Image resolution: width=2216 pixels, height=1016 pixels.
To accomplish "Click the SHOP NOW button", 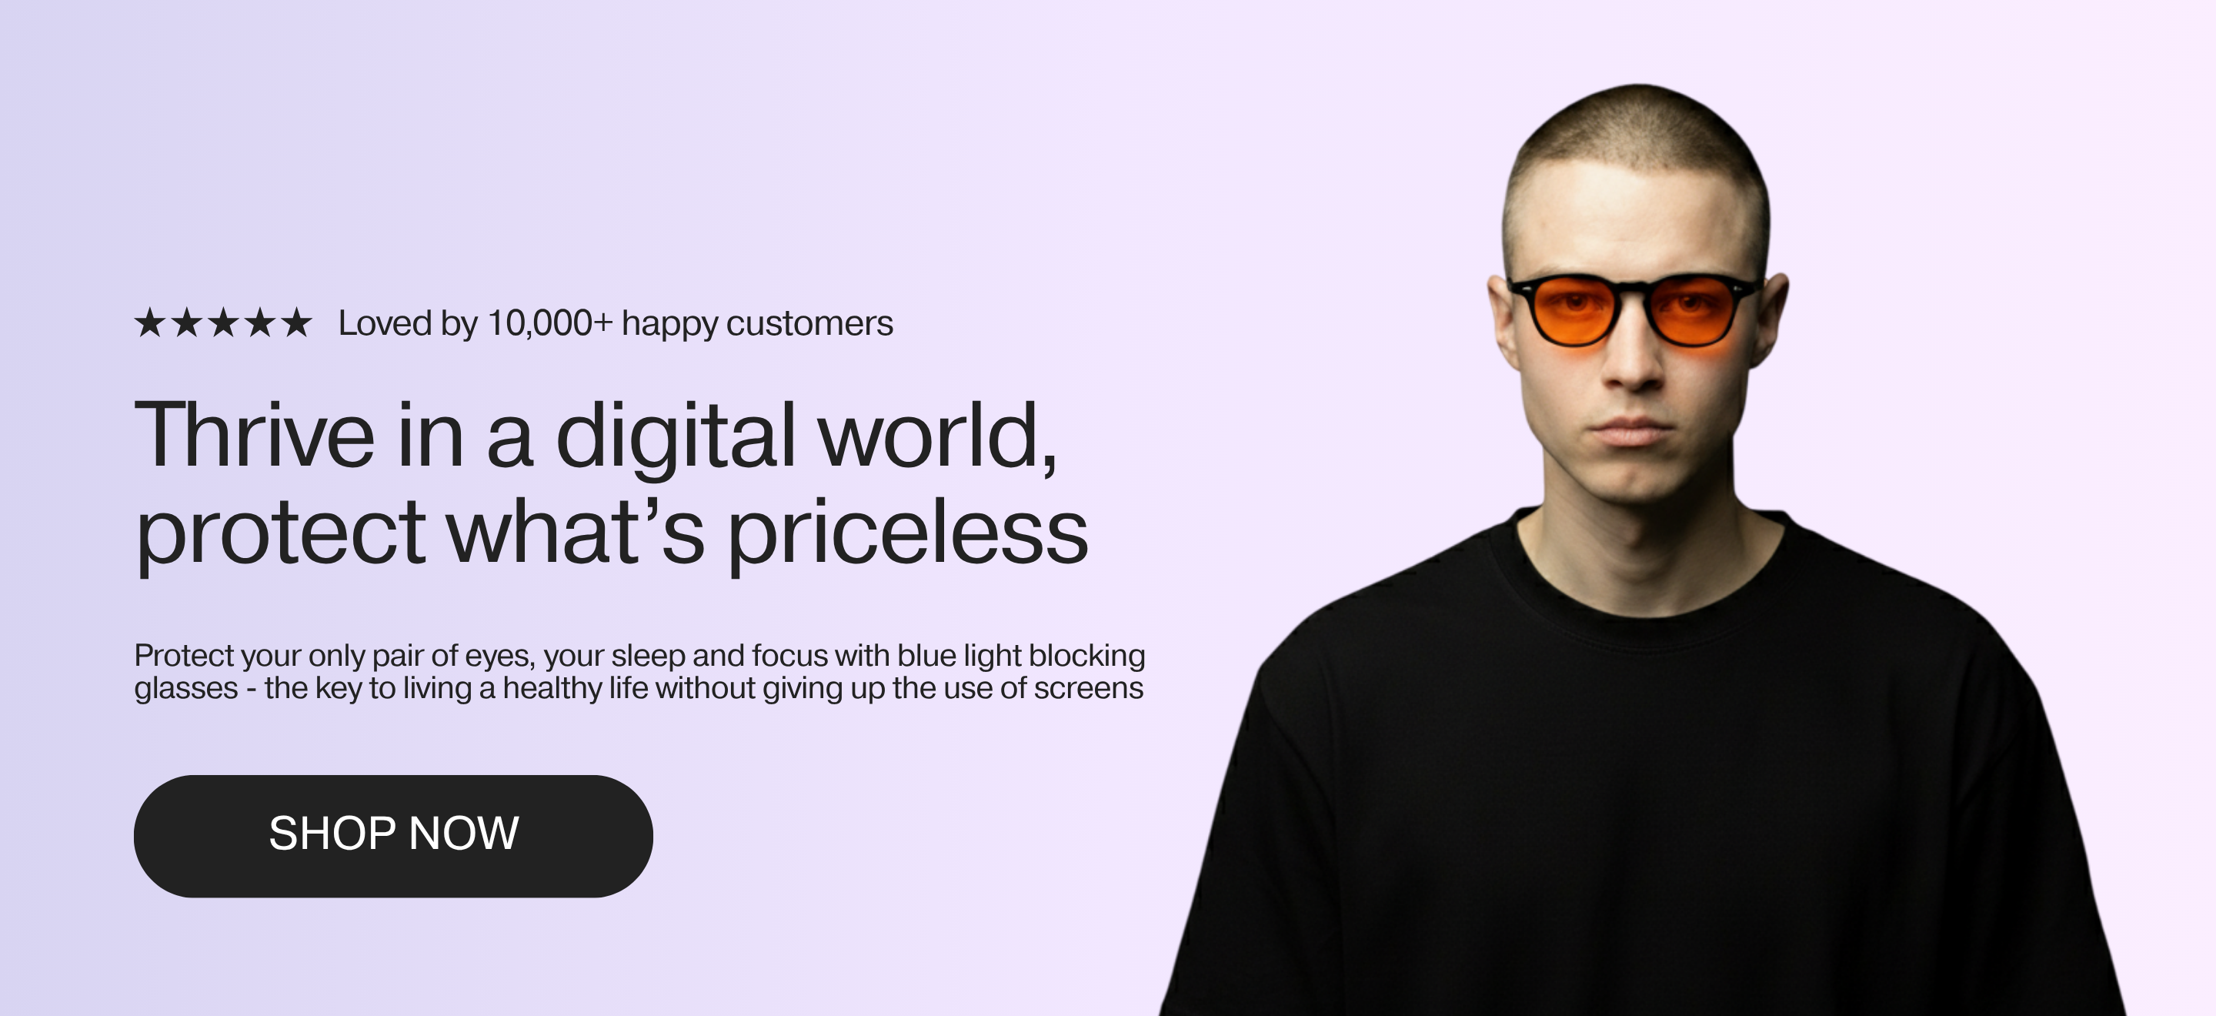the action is coord(393,836).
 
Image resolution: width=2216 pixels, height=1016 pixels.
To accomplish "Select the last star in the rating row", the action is coord(297,323).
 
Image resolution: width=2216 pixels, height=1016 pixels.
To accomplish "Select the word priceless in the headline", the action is coord(909,533).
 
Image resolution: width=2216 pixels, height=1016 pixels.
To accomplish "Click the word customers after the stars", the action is coord(809,324).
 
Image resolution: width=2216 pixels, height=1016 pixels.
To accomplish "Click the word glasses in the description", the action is coord(185,689).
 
